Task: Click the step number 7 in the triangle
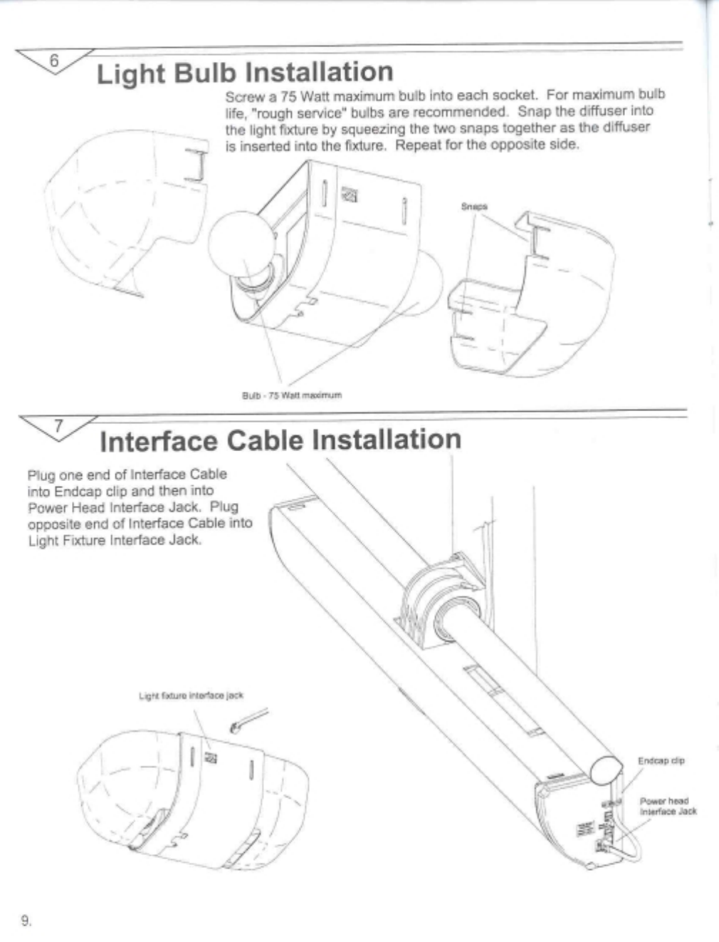[x=60, y=426]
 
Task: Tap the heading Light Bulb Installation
[x=244, y=73]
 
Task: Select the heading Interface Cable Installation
[x=280, y=440]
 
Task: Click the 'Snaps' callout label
[x=474, y=207]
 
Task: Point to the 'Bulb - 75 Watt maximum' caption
[x=292, y=395]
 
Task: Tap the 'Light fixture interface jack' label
[x=191, y=695]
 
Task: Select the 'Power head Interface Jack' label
[x=667, y=806]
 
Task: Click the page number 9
[x=26, y=921]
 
